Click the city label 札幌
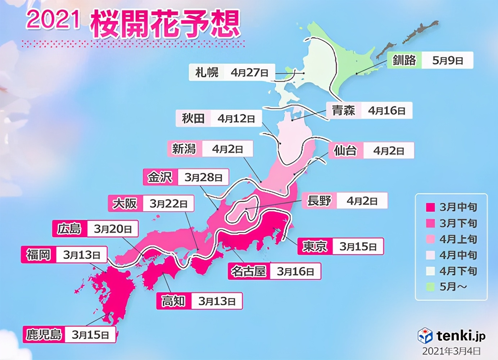pyautogui.click(x=207, y=72)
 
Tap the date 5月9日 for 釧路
pyautogui.click(x=447, y=60)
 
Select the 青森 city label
pyautogui.click(x=343, y=110)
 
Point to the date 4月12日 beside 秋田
pyautogui.click(x=236, y=118)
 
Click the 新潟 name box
pyautogui.click(x=184, y=149)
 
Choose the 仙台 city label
pyautogui.click(x=345, y=150)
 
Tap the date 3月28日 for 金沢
pyautogui.click(x=203, y=177)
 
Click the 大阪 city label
pyautogui.click(x=125, y=203)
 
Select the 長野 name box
pyautogui.click(x=319, y=201)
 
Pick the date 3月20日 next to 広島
pyautogui.click(x=113, y=229)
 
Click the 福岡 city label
pyautogui.click(x=38, y=255)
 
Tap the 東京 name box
pyautogui.click(x=314, y=246)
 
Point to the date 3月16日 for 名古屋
pyautogui.click(x=295, y=271)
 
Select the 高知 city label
pyautogui.click(x=173, y=301)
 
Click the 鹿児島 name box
pyautogui.click(x=44, y=334)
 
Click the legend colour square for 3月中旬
pyautogui.click(x=430, y=207)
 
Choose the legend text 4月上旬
pyautogui.click(x=458, y=239)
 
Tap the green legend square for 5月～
pyautogui.click(x=430, y=287)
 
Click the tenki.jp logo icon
pyautogui.click(x=425, y=336)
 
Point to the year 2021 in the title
pyautogui.click(x=53, y=19)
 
